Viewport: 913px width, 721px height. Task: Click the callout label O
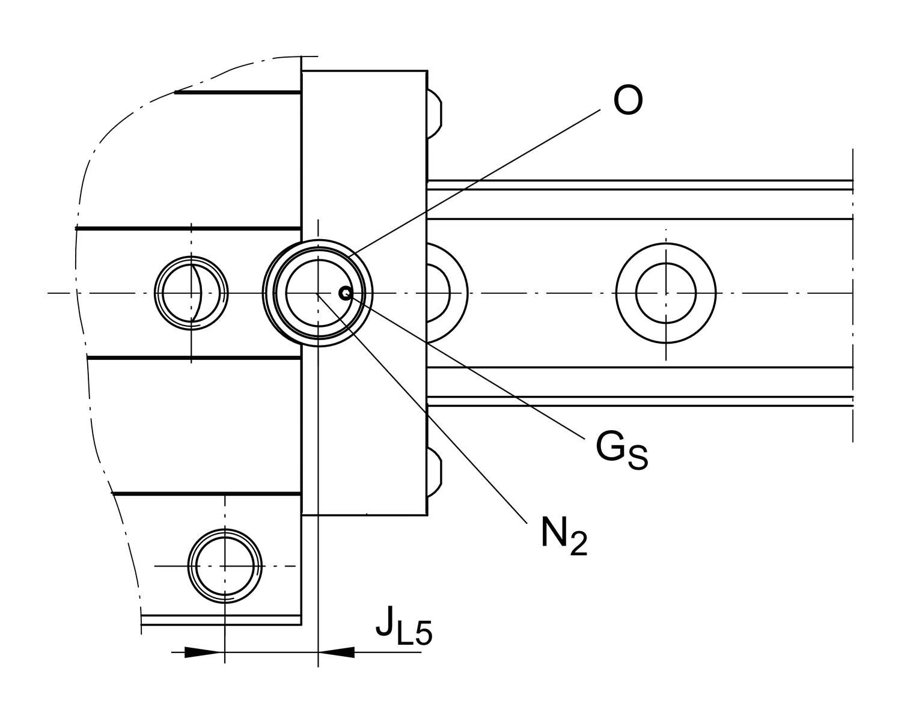coord(628,100)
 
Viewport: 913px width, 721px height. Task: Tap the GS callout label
coord(621,449)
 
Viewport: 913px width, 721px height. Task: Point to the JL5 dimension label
coord(403,627)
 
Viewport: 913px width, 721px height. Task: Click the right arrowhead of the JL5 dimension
coord(337,652)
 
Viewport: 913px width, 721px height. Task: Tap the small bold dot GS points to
coord(345,293)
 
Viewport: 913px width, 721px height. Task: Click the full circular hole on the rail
coord(665,293)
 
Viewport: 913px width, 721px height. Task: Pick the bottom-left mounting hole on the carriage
coord(225,566)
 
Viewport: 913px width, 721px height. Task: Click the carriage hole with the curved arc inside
coord(191,293)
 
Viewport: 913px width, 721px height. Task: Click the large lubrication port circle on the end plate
coord(318,293)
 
